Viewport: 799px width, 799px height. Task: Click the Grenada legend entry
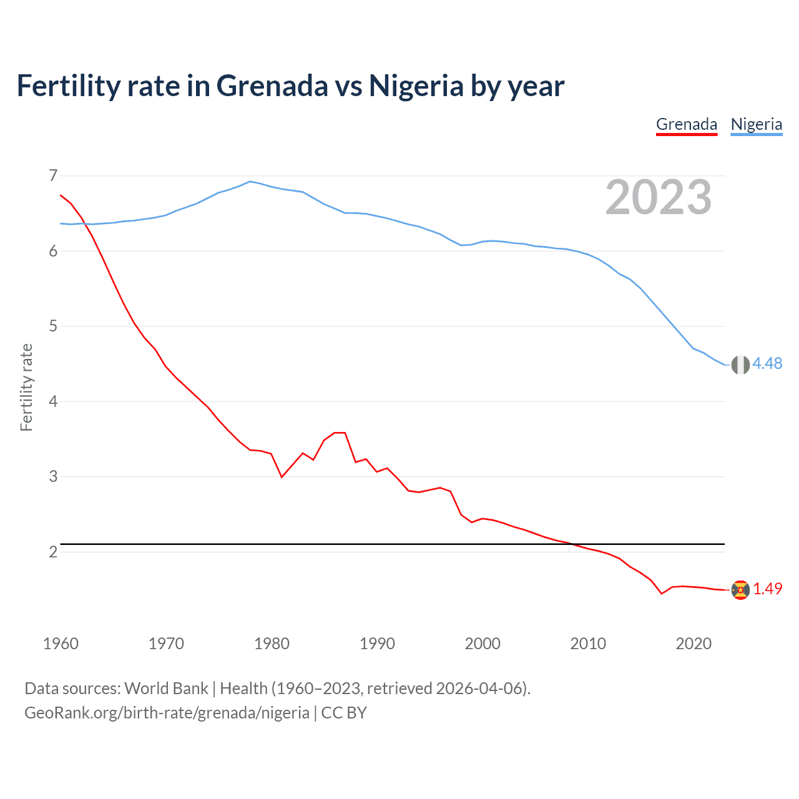click(687, 124)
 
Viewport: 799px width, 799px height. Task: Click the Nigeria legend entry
click(756, 124)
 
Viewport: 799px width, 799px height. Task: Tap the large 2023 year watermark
click(659, 197)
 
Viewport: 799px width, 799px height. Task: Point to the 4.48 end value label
click(767, 363)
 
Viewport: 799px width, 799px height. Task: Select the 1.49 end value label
click(767, 589)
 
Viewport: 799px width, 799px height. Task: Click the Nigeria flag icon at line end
click(740, 365)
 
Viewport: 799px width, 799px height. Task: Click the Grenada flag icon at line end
click(740, 590)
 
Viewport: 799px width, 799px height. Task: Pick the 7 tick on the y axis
click(53, 175)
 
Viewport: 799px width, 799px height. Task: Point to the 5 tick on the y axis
click(53, 326)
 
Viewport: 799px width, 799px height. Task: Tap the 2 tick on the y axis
click(53, 552)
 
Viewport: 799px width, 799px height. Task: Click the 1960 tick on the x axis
click(61, 644)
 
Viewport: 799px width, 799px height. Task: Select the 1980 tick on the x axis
click(272, 644)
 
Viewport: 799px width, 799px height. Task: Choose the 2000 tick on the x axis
click(483, 644)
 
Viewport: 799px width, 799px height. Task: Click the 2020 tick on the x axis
click(694, 644)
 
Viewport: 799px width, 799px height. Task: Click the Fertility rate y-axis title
click(26, 387)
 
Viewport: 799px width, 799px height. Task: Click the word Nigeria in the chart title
click(416, 86)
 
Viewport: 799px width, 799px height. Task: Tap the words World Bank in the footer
click(166, 689)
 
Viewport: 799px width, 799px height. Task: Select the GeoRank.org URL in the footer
click(167, 713)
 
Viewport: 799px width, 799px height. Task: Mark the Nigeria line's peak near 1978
click(250, 182)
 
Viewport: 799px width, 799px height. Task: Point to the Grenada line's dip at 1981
click(282, 477)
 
